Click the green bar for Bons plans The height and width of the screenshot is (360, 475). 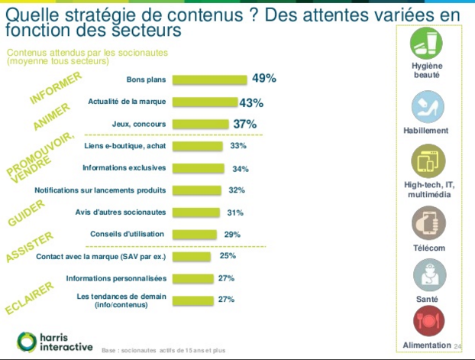tap(210, 79)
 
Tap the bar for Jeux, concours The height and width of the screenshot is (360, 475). tap(201, 124)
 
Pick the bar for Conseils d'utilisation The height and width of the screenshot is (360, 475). tap(195, 234)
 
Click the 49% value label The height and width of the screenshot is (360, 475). tap(263, 79)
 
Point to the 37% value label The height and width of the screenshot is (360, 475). tap(245, 124)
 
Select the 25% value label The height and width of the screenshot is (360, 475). tap(228, 256)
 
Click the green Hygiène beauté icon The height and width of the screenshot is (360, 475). tap(428, 45)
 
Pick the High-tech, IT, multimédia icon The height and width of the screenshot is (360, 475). tap(428, 162)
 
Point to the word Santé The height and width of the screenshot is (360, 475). tap(428, 300)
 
